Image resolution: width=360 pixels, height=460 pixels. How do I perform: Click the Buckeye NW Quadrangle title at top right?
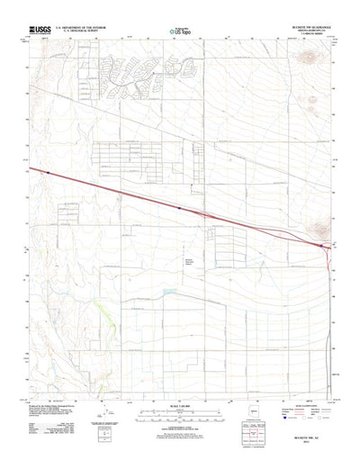click(301, 29)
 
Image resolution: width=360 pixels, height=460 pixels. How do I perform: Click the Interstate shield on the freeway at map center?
click(179, 206)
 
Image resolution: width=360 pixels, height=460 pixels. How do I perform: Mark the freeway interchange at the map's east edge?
click(322, 244)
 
